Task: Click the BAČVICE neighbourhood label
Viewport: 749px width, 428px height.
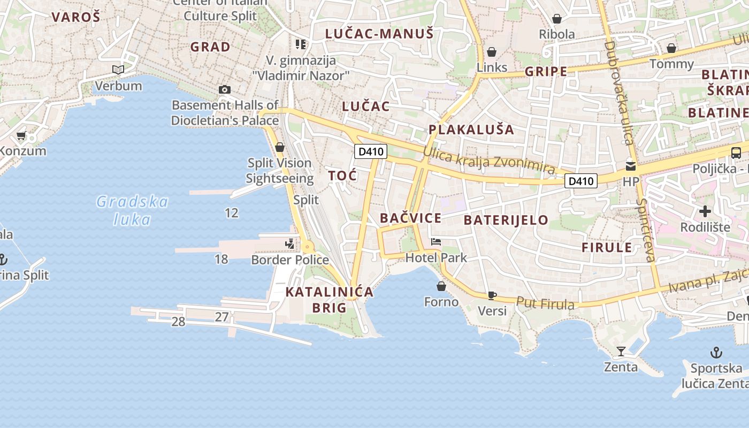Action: coord(410,218)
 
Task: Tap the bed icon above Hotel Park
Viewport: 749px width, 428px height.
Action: coord(436,242)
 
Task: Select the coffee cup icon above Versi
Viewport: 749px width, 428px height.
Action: coord(492,295)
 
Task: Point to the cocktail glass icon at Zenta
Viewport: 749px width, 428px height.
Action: coord(621,351)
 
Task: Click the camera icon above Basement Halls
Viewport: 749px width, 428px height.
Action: coord(225,89)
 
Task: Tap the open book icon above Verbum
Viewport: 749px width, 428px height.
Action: coord(118,70)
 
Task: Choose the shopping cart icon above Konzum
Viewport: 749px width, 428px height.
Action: coord(21,136)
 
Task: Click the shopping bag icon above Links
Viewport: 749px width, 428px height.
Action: coord(492,52)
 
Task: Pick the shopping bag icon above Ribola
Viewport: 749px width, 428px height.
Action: coord(557,19)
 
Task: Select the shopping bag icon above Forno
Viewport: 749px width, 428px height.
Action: coord(441,286)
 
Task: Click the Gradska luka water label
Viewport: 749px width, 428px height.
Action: coord(132,210)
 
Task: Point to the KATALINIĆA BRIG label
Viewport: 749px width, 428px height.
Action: coord(330,300)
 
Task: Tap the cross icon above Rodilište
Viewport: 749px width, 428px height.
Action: coord(705,211)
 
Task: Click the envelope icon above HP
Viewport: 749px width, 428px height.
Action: coord(631,166)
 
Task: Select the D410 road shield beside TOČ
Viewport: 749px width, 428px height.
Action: coord(371,151)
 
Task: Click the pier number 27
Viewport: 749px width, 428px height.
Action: coord(222,317)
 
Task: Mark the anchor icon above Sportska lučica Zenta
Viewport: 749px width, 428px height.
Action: coord(716,353)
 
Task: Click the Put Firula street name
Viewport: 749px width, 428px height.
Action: coord(545,303)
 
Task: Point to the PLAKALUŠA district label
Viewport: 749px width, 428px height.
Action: coord(471,129)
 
